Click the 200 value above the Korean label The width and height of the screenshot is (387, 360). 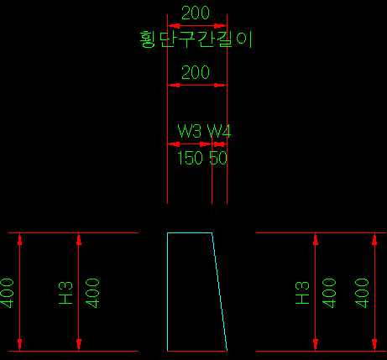[x=196, y=13]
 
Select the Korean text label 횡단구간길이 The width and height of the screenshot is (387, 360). [x=196, y=39]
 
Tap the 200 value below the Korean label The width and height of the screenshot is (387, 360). [x=196, y=72]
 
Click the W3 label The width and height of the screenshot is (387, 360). [x=189, y=131]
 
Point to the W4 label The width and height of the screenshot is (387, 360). [x=219, y=131]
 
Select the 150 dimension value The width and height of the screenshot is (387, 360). [x=190, y=158]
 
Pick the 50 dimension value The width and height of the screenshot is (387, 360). [x=218, y=158]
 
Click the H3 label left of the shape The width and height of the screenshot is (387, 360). [x=65, y=293]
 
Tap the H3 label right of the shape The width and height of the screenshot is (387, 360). [x=302, y=293]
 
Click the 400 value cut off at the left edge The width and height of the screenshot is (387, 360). [x=7, y=293]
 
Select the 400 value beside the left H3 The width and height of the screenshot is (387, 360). [x=92, y=293]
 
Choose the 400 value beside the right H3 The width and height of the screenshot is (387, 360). [x=329, y=293]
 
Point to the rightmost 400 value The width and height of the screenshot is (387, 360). [x=362, y=293]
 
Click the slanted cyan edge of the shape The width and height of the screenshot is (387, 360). [x=219, y=291]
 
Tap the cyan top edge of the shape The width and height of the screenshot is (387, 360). [x=190, y=232]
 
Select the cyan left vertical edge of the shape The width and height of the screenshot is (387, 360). [x=167, y=292]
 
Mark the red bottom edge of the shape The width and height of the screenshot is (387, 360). [x=197, y=351]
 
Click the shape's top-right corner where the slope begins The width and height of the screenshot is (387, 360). [x=212, y=232]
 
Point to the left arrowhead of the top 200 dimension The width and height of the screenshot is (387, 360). [x=174, y=26]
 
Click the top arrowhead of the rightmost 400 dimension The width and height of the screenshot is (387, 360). [x=374, y=239]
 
